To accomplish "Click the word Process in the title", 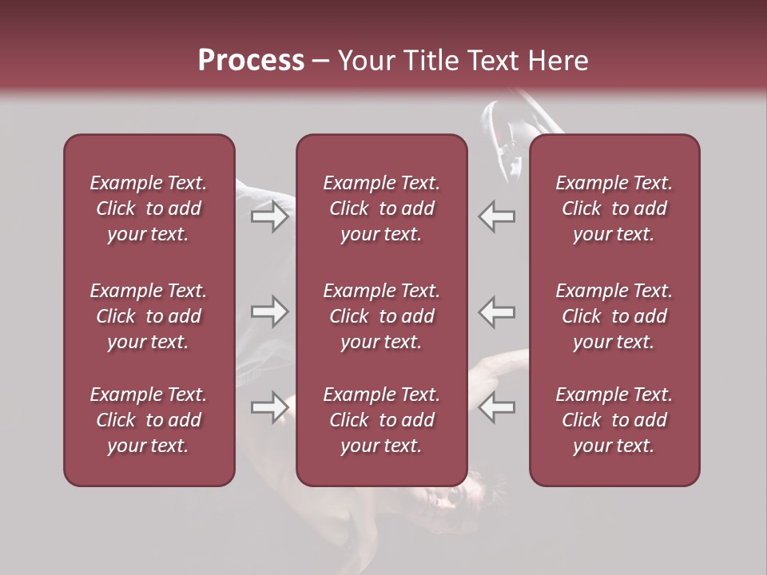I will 251,61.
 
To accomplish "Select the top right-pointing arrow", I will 270,216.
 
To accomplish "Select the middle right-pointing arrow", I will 270,311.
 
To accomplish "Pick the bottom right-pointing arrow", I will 270,406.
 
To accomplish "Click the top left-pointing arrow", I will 496,216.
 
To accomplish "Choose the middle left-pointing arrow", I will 496,311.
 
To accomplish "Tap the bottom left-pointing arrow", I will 496,406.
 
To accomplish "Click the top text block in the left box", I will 149,208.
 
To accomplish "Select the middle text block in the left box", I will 149,316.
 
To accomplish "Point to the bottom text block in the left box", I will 149,420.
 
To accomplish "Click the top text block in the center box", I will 381,208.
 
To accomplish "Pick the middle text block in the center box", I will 381,316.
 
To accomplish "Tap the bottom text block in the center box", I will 381,420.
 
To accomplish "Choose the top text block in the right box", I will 614,208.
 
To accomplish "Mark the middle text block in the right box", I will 614,316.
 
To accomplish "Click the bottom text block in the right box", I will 614,420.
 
